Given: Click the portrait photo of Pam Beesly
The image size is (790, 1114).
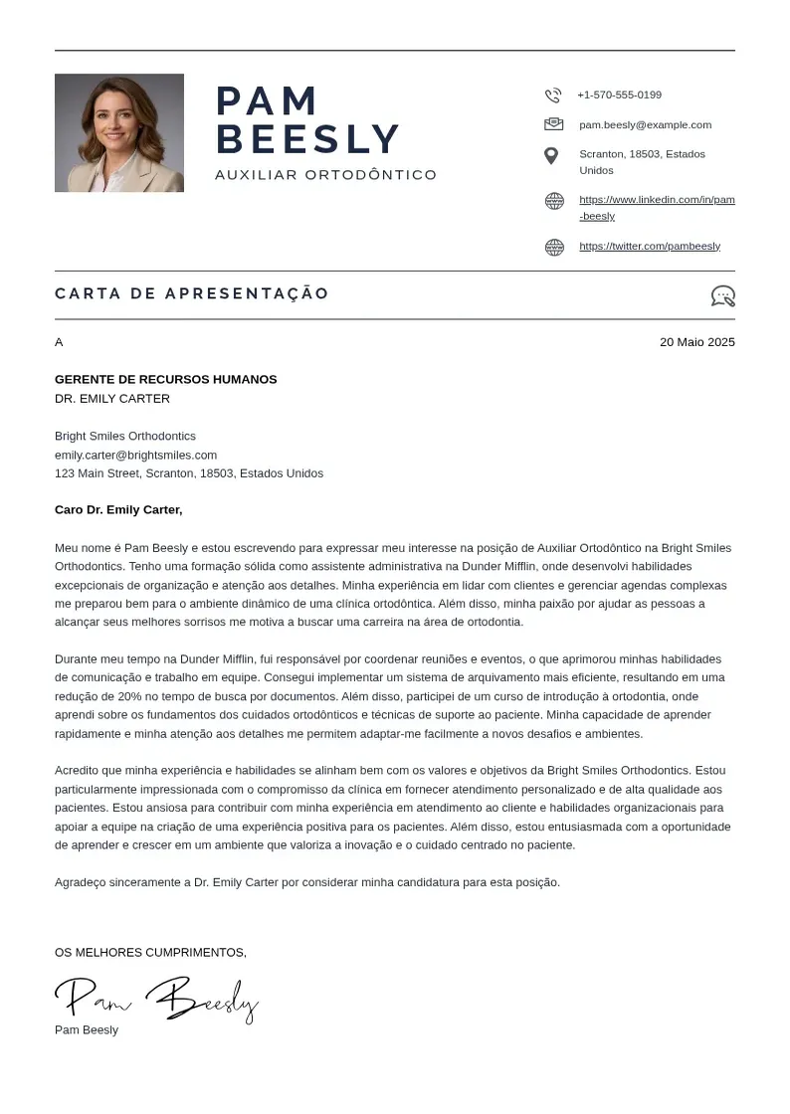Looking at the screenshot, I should click(119, 132).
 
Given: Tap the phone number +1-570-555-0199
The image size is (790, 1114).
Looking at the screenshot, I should click(619, 95).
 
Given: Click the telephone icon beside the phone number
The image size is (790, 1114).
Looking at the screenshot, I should click(553, 95).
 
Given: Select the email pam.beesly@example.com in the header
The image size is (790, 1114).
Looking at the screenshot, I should click(645, 125).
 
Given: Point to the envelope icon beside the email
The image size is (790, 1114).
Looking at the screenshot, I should click(553, 124).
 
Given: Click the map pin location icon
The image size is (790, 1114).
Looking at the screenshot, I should click(551, 156).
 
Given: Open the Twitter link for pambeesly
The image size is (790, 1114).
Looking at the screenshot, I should click(650, 247).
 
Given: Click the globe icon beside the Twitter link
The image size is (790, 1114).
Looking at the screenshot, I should click(554, 248).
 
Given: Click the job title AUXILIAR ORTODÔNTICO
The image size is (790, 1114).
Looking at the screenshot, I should click(325, 175).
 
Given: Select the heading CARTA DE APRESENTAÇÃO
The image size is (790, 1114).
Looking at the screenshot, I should click(192, 293).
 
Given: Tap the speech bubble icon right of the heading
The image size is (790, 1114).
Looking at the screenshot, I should click(723, 295).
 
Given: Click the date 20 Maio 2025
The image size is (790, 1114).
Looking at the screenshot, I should click(696, 342).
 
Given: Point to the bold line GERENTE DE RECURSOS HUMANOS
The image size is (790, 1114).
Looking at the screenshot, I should click(166, 380).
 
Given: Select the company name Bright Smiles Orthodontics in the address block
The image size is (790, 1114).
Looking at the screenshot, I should click(125, 437).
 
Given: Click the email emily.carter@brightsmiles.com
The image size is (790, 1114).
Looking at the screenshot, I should click(135, 456).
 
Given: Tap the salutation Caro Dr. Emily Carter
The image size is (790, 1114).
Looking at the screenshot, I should click(118, 510).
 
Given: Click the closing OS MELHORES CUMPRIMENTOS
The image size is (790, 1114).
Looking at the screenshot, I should click(150, 953).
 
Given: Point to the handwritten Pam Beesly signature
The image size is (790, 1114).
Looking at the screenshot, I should click(157, 999).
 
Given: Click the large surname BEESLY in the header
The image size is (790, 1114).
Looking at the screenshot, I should click(307, 139).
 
